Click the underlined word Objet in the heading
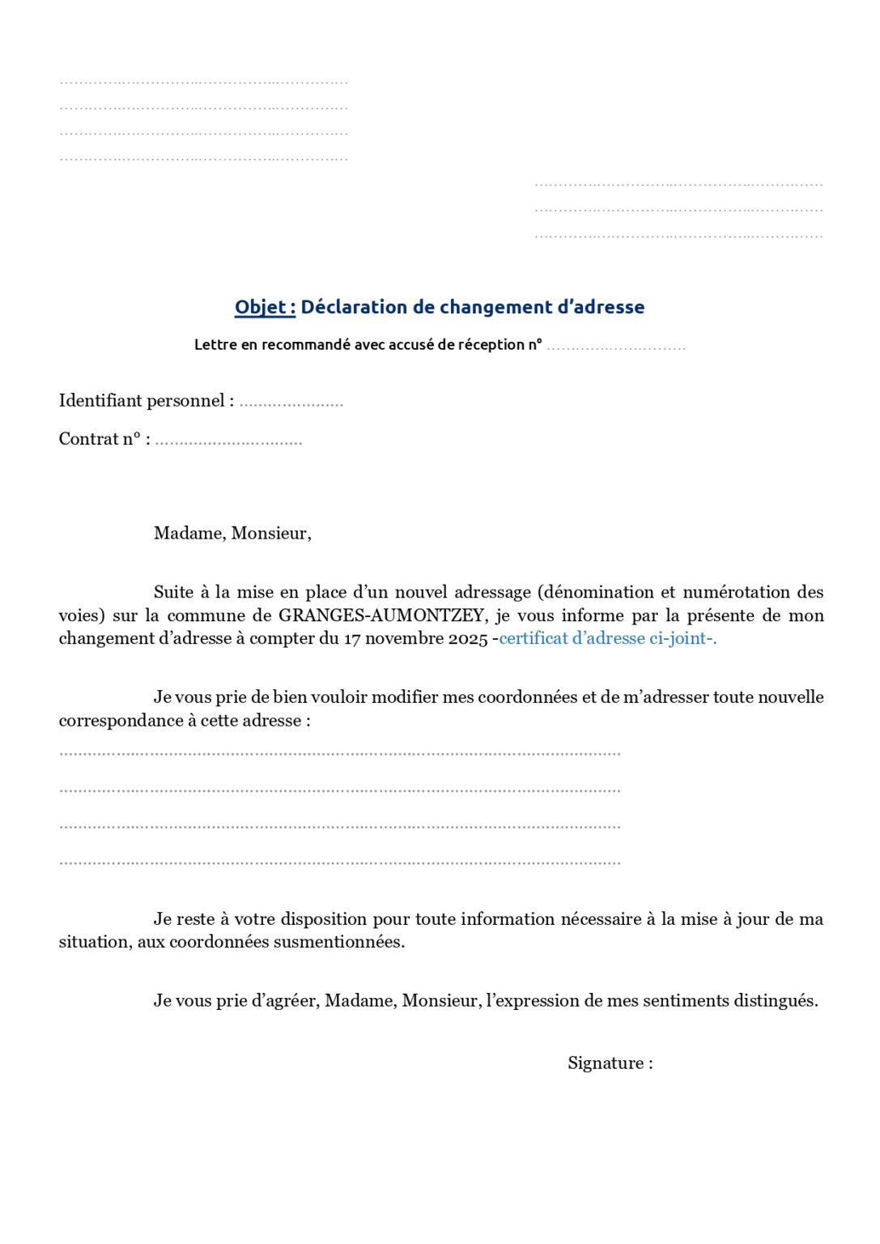pos(260,307)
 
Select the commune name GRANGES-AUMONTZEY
pos(381,616)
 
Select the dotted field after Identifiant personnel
pos(291,403)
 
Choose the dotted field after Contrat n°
pos(228,441)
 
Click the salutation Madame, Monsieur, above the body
pos(232,533)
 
